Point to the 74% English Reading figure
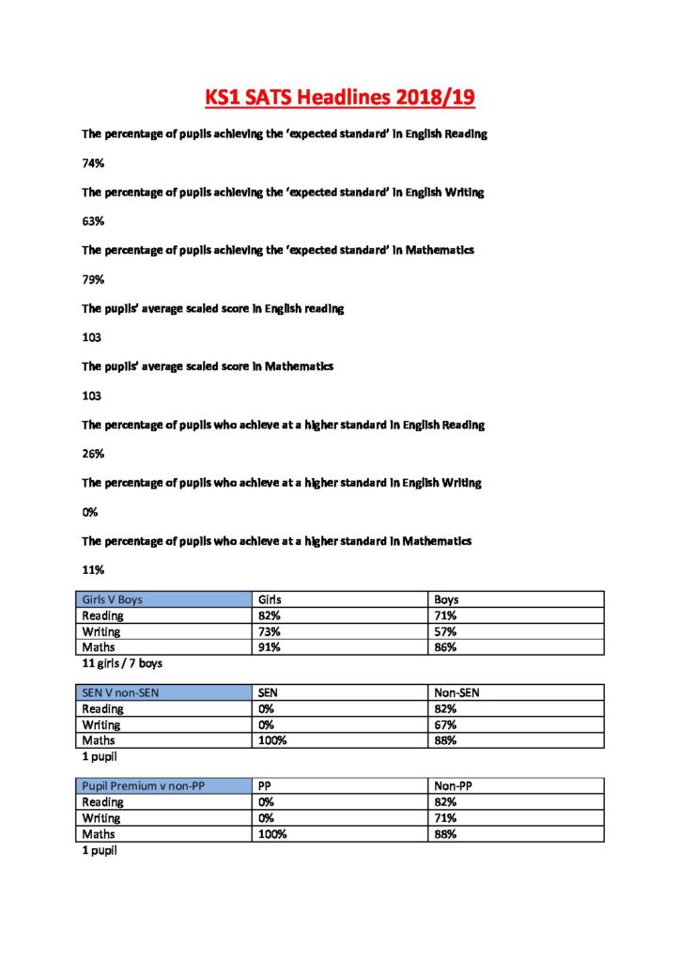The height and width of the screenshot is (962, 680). coord(93,163)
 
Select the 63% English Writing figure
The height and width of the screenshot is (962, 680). coord(93,221)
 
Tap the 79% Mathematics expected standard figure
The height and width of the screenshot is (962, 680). coord(93,279)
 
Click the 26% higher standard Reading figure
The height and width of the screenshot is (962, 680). coord(93,454)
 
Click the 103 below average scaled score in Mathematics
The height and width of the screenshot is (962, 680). coord(92,396)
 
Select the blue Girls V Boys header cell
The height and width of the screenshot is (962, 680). coord(164,599)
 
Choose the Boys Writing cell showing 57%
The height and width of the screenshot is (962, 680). coord(445,631)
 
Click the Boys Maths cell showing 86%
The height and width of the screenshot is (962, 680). coord(445,647)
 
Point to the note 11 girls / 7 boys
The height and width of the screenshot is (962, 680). coord(122,664)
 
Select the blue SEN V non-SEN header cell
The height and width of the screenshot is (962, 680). coord(164,693)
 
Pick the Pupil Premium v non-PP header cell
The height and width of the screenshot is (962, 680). coord(164,786)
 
